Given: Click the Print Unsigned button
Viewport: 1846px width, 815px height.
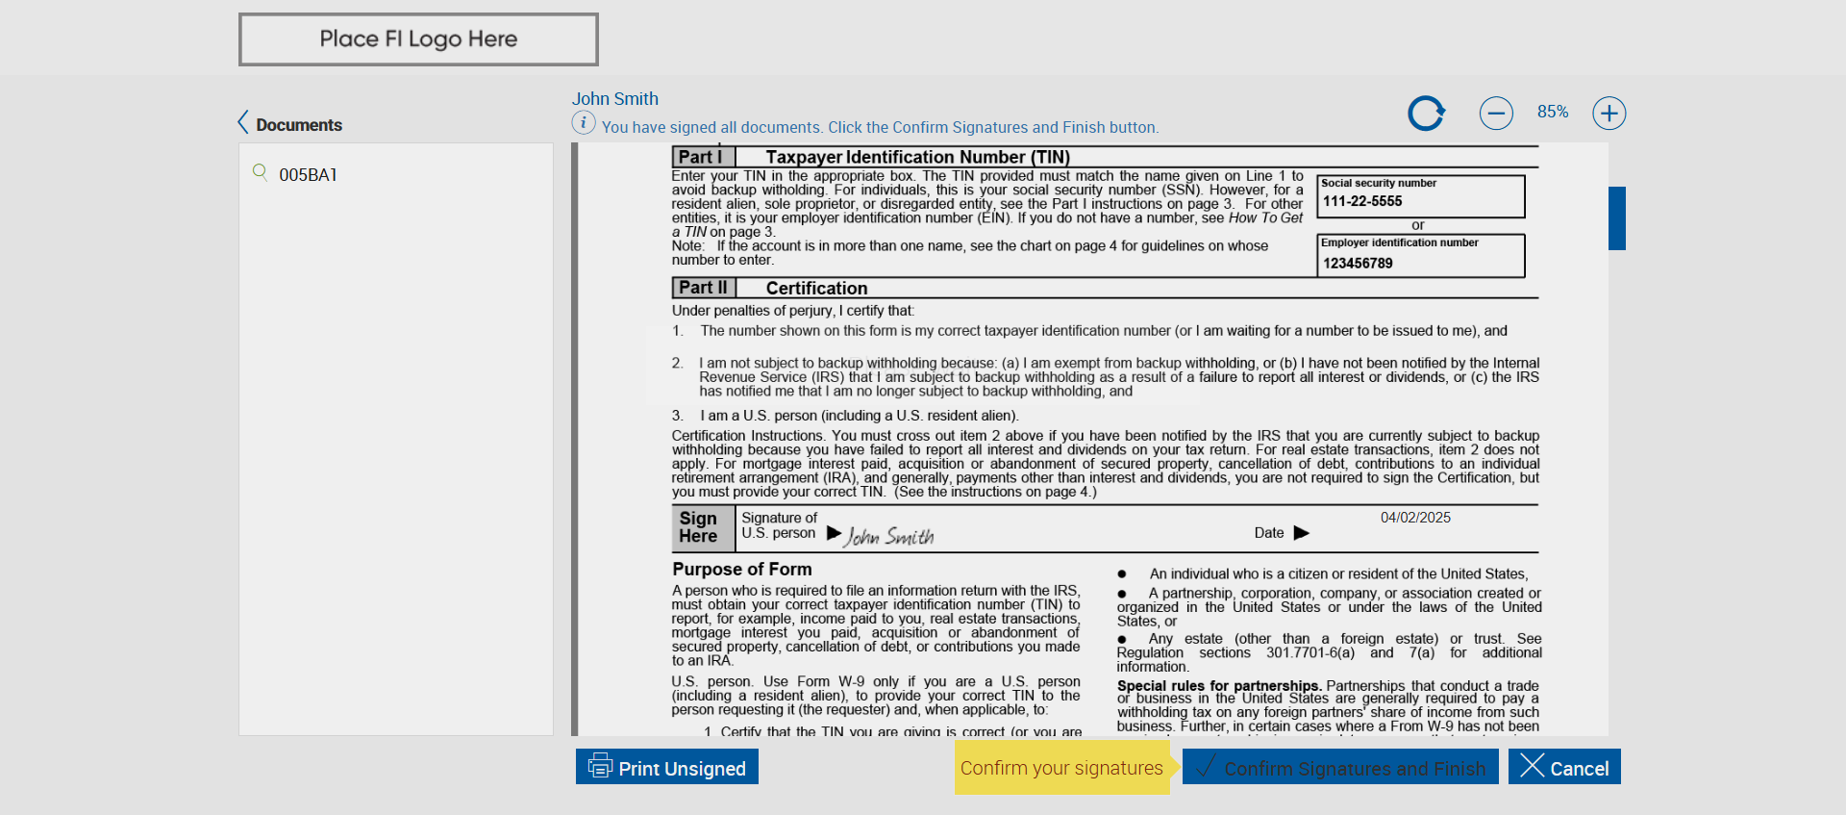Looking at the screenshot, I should (667, 767).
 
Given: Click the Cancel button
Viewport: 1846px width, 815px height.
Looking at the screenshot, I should (1564, 767).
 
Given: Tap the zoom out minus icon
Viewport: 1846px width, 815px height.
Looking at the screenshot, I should (1496, 114).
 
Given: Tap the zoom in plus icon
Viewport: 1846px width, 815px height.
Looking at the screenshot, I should (1609, 114).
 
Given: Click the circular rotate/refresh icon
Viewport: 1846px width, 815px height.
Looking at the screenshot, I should (1426, 114).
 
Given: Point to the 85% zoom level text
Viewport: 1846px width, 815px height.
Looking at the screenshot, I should (1552, 112).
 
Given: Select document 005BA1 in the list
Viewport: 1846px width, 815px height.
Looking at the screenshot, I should (308, 174).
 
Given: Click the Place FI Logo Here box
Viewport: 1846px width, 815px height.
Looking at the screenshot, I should (418, 39).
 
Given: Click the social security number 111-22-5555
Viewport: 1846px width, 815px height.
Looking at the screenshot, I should (1362, 201).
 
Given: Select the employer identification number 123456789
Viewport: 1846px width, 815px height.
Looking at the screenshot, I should (1358, 263).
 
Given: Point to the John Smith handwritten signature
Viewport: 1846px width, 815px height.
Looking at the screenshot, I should (889, 536).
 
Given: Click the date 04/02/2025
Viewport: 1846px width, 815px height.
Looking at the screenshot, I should (1415, 518).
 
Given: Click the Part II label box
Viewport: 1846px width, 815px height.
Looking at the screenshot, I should (703, 288).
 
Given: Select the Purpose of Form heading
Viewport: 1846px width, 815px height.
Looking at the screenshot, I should (741, 569).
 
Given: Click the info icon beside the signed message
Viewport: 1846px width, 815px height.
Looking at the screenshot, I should (584, 123).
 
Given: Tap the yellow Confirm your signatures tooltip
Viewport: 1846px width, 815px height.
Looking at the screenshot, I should (1061, 768).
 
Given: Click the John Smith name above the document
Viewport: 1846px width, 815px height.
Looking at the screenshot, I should (614, 98).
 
